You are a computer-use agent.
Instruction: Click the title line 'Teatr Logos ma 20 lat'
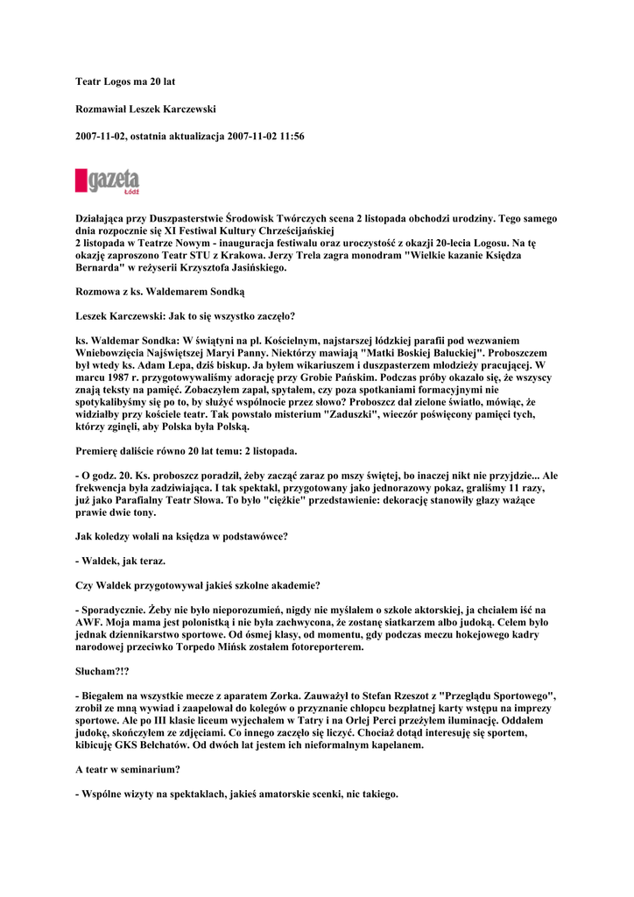(125, 81)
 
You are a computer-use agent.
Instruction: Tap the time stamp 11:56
(290, 137)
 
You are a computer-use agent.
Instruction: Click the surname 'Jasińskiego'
(249, 268)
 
